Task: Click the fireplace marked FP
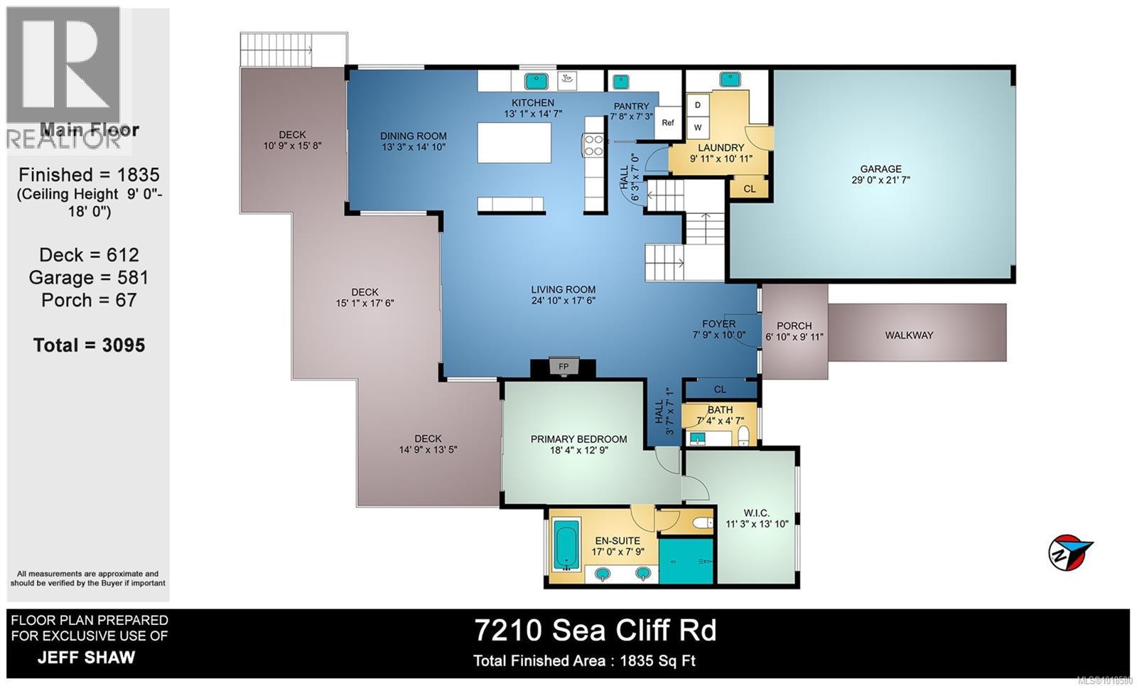click(x=564, y=367)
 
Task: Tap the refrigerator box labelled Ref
click(x=668, y=122)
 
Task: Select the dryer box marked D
click(x=698, y=105)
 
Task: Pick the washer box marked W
click(x=698, y=128)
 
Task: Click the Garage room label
click(x=880, y=168)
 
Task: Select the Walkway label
click(x=909, y=335)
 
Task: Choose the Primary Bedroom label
click(x=578, y=439)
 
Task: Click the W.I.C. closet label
click(x=756, y=513)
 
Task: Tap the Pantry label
click(x=631, y=106)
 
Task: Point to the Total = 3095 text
click(x=89, y=345)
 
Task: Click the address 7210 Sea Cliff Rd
click(x=596, y=630)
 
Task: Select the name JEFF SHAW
click(x=86, y=657)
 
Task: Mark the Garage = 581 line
click(x=89, y=277)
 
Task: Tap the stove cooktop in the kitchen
click(x=593, y=145)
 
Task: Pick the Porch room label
click(x=794, y=326)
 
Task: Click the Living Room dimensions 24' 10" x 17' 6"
click(x=563, y=300)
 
